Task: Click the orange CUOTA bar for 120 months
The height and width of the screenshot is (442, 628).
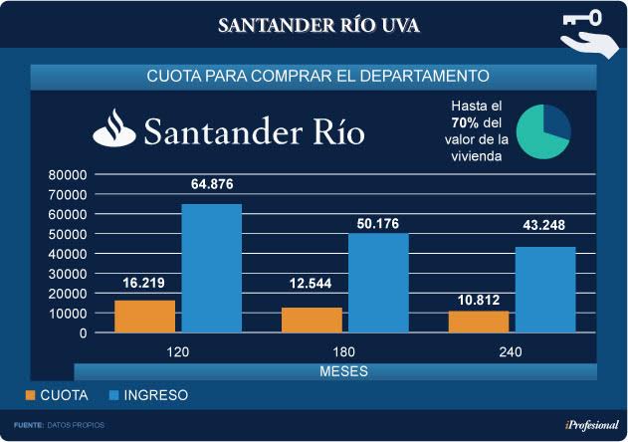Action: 145,317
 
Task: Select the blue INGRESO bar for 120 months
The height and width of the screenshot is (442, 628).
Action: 211,268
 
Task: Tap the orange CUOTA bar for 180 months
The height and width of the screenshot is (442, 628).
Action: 312,321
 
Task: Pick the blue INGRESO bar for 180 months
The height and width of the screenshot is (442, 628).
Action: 378,283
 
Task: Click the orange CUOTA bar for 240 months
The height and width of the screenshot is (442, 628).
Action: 479,322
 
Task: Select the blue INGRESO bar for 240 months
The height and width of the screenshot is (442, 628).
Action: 544,290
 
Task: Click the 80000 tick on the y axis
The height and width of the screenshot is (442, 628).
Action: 68,174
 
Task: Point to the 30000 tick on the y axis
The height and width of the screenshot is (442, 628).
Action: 68,274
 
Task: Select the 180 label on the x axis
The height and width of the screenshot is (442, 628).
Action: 344,351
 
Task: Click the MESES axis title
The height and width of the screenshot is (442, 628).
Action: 344,371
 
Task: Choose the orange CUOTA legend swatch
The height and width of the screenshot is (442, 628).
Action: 31,395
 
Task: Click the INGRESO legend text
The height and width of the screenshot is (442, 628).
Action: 154,395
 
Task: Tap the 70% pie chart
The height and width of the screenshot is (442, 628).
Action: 543,129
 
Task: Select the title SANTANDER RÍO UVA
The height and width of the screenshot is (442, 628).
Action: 318,25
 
